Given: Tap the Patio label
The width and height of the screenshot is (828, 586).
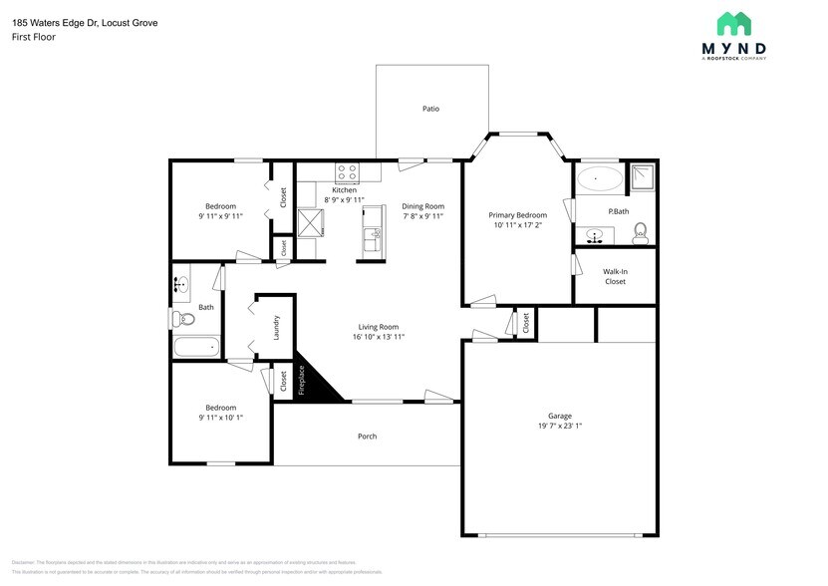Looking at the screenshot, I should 430,109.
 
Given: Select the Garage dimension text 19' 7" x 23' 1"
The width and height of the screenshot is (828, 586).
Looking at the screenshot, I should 559,426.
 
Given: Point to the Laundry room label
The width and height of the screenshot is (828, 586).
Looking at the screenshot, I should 276,326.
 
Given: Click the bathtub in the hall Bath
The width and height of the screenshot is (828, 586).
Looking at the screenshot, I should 195,348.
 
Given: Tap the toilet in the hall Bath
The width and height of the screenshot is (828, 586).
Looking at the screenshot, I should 182,319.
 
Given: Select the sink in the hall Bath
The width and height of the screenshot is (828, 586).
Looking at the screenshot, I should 180,285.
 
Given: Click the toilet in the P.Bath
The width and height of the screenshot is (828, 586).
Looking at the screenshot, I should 641,232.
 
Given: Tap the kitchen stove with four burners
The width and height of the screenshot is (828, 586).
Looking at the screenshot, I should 347,172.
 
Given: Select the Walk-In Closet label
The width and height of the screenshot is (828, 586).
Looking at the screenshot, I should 615,276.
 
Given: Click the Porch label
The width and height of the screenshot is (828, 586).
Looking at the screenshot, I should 367,437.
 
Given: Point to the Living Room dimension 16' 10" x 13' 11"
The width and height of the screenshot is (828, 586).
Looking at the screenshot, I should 379,337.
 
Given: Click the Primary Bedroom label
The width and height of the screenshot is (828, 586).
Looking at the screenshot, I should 517,215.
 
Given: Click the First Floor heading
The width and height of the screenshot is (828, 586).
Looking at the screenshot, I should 33,37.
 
